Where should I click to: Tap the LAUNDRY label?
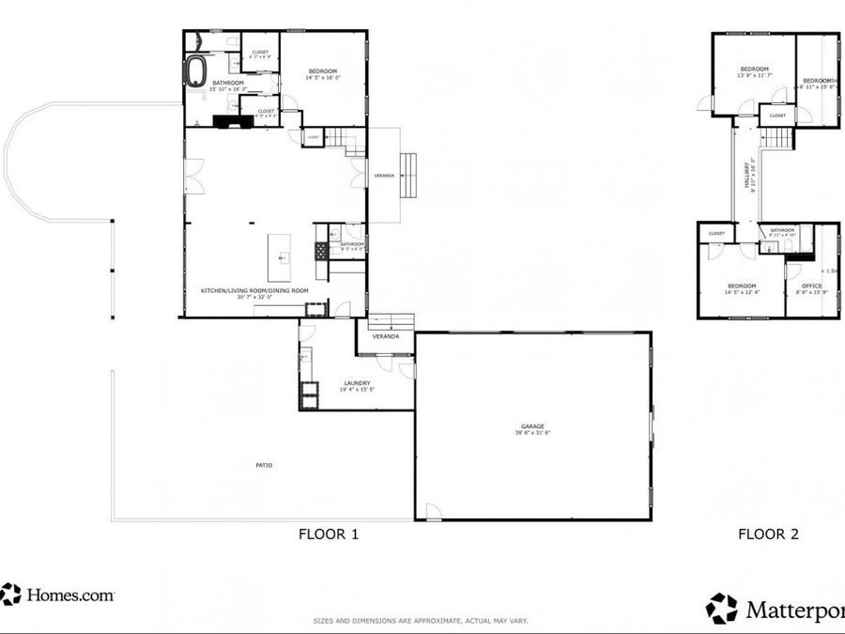pos(357,382)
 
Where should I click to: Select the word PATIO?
pos(264,465)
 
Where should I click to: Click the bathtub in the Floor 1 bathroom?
pos(197,70)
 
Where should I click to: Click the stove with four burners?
pos(320,251)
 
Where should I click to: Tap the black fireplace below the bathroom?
pos(228,120)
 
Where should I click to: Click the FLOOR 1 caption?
pos(329,534)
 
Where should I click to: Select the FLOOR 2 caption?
pos(768,534)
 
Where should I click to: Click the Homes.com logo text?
pos(69,595)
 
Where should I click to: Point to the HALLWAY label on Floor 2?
pos(747,173)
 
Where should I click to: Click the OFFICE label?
pos(812,286)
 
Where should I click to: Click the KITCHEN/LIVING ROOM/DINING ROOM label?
pos(254,291)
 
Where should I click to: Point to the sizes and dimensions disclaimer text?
pos(420,621)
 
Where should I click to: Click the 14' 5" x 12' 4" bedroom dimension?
pos(741,292)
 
